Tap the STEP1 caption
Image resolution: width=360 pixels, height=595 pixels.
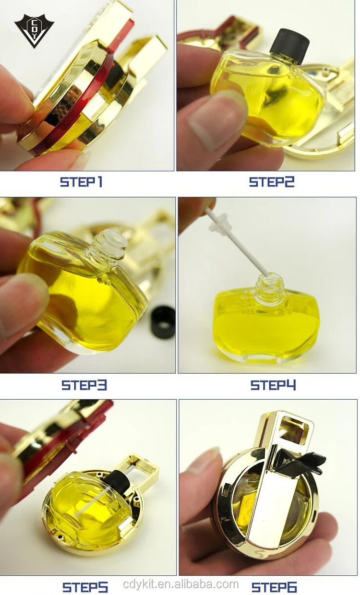click(x=81, y=182)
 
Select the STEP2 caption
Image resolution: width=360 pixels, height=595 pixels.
click(x=272, y=182)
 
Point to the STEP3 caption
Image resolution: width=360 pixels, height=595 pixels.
click(x=84, y=385)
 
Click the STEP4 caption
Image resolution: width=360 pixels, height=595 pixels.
click(x=273, y=385)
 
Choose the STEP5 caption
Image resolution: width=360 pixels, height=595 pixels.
click(x=85, y=587)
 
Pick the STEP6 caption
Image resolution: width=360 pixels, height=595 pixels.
click(x=274, y=587)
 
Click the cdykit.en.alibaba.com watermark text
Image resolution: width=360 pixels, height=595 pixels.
click(x=180, y=584)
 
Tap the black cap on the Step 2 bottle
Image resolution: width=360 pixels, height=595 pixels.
click(x=290, y=46)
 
